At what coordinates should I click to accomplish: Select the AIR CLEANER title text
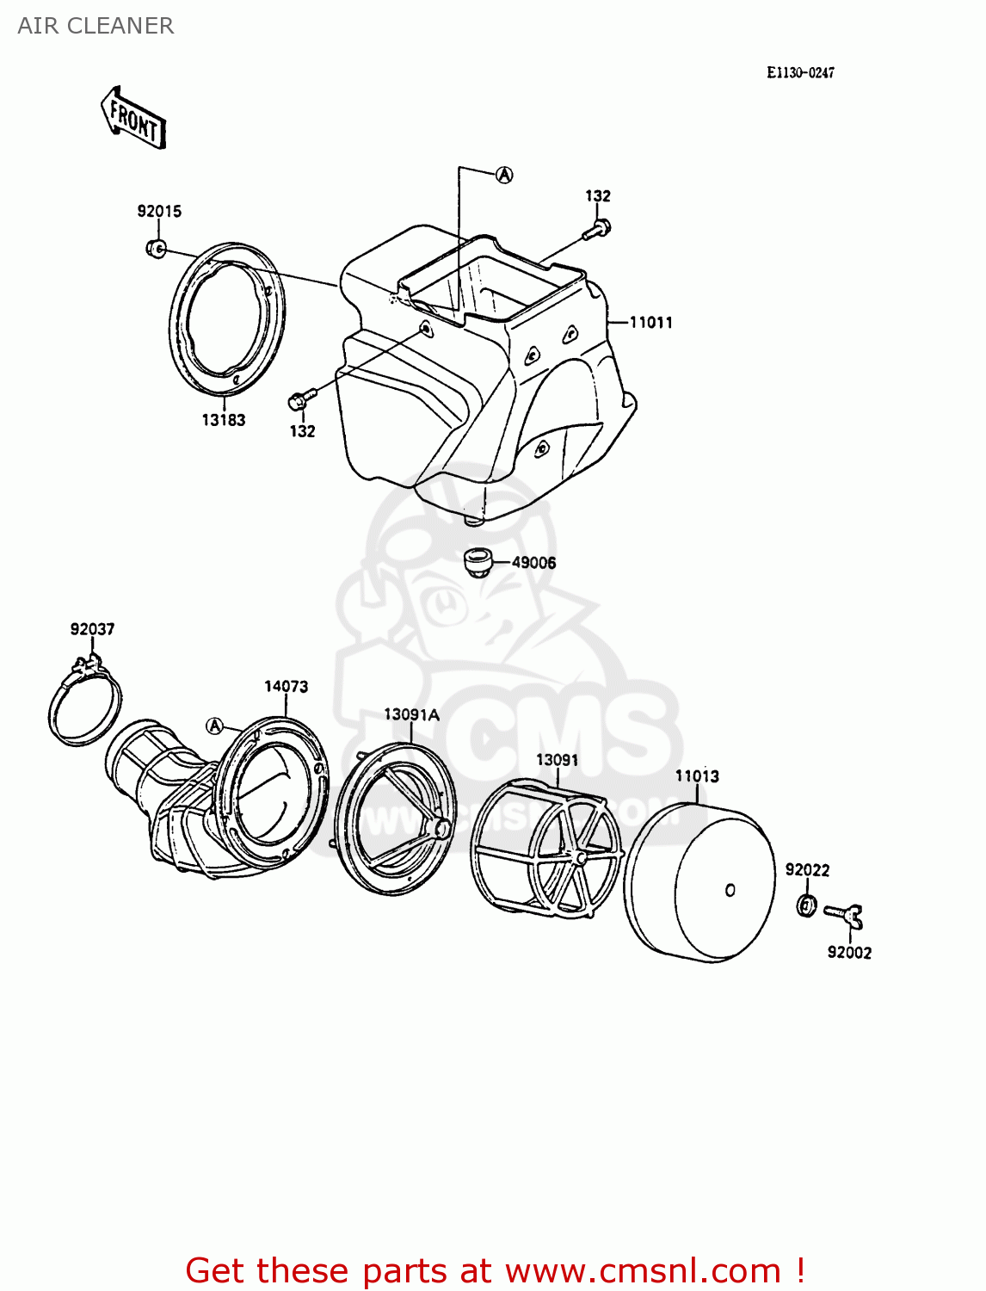pos(96,26)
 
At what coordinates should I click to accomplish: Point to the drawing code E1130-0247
pos(800,73)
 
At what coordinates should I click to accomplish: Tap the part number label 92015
pos(159,212)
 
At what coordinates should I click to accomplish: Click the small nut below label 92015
pos(156,249)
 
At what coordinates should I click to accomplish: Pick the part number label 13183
pos(224,420)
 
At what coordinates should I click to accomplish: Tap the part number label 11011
pos(650,323)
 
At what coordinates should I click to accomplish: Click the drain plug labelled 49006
pos(478,562)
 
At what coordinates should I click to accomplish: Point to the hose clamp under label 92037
pos(84,706)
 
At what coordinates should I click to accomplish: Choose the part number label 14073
pos(286,687)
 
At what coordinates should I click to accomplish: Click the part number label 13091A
pos(411,714)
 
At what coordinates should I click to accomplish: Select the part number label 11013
pos(697,776)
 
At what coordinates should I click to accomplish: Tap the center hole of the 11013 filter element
pos(730,890)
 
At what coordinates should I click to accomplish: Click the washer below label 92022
pos(806,905)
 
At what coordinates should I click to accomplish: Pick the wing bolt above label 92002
pos(844,917)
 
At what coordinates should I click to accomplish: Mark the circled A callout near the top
pos(504,175)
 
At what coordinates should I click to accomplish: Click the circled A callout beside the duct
pos(215,726)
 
